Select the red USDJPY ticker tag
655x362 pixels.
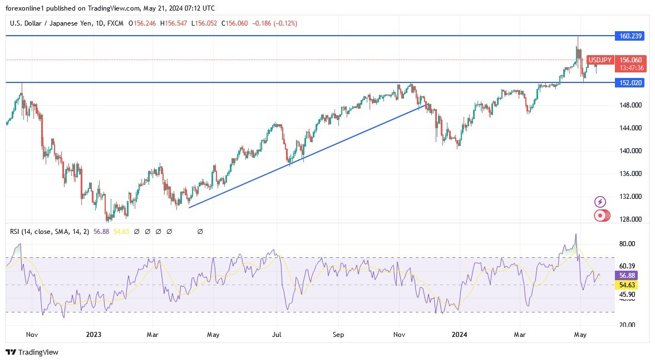tap(600, 60)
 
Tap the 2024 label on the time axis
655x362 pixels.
tap(459, 335)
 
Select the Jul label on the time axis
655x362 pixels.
tap(277, 335)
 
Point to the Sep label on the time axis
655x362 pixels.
tap(338, 335)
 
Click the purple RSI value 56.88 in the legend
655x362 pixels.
tap(102, 231)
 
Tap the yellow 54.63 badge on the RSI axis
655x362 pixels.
tap(627, 285)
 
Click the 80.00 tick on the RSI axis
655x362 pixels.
tap(627, 244)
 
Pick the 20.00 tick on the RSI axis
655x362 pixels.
tap(627, 325)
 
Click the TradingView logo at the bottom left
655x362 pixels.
tap(32, 352)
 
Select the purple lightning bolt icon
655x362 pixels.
tap(600, 202)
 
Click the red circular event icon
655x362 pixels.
tap(600, 215)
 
